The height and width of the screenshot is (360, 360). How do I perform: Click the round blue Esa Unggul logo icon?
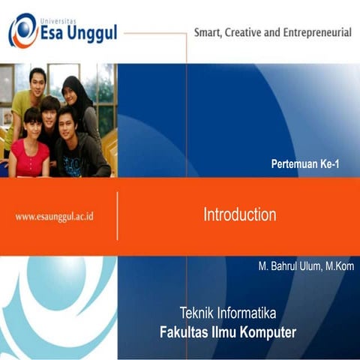pos(23,31)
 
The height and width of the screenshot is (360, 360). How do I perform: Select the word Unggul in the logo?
pos(91,34)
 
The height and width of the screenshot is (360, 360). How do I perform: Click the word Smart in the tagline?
pos(211,34)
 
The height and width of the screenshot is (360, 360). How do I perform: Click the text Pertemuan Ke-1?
pos(305,163)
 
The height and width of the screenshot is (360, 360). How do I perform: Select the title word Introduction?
pos(240,215)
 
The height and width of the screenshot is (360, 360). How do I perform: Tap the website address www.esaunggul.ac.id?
pos(58,216)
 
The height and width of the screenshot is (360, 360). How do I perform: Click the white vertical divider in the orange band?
pos(118,216)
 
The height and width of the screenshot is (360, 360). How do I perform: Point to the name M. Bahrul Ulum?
pos(286,266)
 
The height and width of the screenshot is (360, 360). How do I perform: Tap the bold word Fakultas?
pos(187,332)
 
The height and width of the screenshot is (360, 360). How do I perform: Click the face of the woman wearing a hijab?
pos(73,92)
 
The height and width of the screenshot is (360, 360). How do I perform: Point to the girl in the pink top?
pos(30,146)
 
